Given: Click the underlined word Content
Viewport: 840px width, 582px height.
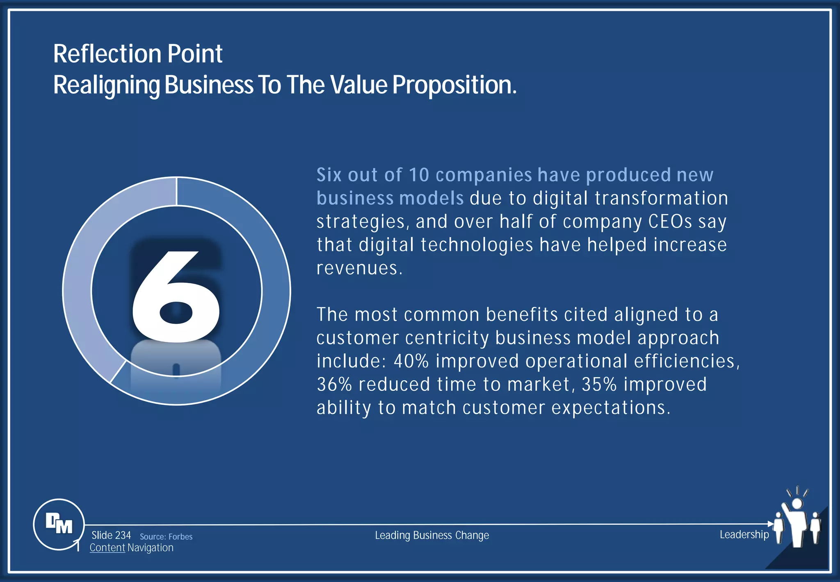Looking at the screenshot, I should pos(107,548).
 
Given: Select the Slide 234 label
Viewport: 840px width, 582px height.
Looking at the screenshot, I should pos(111,535).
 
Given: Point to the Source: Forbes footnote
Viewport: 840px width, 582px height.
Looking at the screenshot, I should pos(166,536).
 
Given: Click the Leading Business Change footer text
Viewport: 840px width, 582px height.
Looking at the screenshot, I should pos(432,535).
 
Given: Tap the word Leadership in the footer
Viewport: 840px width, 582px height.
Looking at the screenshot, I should pos(744,534).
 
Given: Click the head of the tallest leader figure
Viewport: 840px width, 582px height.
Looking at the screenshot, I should pos(797,504).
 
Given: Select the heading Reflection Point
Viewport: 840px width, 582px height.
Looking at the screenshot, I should pos(138,54).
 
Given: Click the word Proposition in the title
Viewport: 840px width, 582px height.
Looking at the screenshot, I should pos(454,85).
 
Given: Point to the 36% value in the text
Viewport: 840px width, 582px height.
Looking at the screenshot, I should pos(334,385).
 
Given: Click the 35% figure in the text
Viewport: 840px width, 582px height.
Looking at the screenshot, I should pos(599,385).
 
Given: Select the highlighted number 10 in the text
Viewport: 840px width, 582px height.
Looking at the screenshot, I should pos(419,175).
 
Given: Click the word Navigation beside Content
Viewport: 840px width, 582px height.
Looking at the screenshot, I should pos(151,548).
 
